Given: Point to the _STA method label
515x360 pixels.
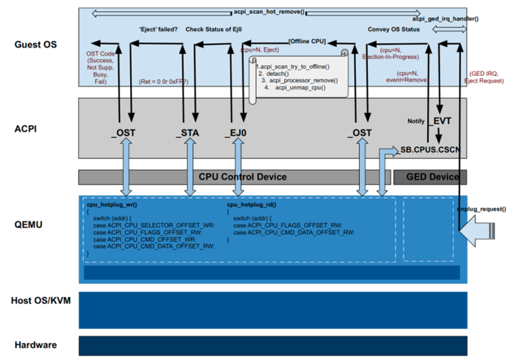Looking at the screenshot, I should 188,133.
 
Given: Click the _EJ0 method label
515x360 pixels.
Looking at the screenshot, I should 236,133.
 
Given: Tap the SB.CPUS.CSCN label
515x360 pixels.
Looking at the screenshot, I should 432,151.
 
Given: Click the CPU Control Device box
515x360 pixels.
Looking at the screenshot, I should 234,177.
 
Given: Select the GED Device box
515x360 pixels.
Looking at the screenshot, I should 430,177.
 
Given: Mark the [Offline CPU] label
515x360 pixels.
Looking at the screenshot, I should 306,42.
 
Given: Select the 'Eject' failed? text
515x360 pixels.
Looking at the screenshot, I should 158,29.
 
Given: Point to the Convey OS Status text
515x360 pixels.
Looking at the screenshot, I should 394,29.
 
